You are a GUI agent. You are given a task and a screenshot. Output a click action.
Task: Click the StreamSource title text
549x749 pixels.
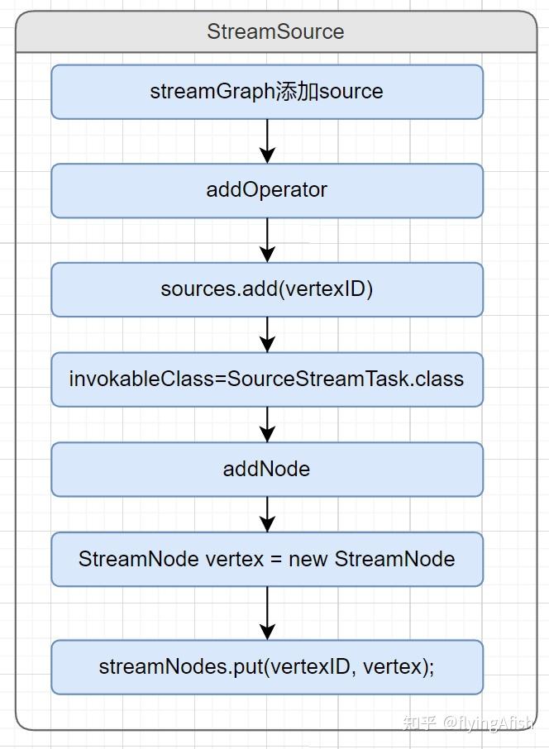pyautogui.click(x=275, y=32)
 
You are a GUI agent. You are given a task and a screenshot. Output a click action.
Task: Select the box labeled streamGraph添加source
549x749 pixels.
pyautogui.click(x=267, y=92)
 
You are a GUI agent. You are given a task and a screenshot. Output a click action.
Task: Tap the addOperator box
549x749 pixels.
pyautogui.click(x=267, y=190)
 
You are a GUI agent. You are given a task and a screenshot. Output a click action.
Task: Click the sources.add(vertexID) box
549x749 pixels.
pyautogui.click(x=267, y=289)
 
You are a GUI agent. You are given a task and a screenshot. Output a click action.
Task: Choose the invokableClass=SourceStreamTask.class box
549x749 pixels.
pyautogui.click(x=267, y=379)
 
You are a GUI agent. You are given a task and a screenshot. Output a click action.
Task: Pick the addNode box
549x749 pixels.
pyautogui.click(x=267, y=470)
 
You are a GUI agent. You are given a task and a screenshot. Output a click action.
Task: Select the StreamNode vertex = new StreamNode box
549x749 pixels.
pyautogui.click(x=267, y=560)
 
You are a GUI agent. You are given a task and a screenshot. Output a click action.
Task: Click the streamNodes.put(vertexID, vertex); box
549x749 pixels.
pyautogui.click(x=267, y=666)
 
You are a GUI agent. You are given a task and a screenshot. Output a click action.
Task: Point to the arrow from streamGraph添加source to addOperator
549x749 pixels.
pyautogui.click(x=267, y=141)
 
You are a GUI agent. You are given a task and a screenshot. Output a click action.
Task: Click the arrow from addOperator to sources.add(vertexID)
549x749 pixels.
pyautogui.click(x=267, y=241)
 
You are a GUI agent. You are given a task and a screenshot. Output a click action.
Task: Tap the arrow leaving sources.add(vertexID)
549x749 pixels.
pyautogui.click(x=267, y=335)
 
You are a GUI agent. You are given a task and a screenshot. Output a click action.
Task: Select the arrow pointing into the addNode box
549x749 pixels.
pyautogui.click(x=267, y=425)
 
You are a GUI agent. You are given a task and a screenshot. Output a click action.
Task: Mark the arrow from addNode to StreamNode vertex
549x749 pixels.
pyautogui.click(x=267, y=514)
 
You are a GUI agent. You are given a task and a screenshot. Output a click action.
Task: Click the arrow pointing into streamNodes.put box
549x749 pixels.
pyautogui.click(x=267, y=613)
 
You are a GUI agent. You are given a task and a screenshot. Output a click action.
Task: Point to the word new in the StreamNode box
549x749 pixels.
pyautogui.click(x=308, y=560)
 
